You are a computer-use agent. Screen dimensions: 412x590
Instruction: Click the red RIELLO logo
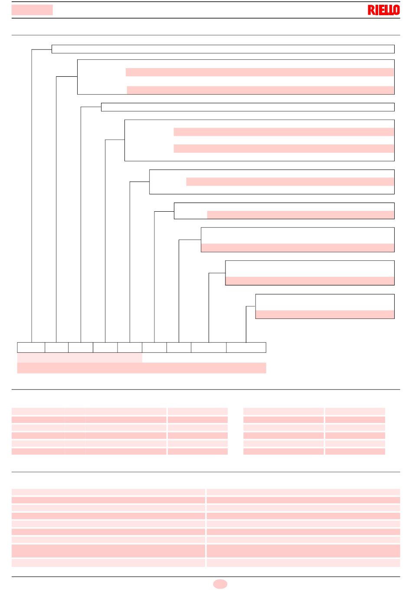coord(383,10)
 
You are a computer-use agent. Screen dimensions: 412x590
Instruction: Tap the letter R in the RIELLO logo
coord(371,10)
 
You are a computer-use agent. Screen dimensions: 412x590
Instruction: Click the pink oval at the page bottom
coord(220,584)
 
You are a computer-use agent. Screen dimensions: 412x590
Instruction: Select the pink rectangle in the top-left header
coord(32,10)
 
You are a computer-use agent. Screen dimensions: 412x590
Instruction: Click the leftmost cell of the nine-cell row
coord(31,347)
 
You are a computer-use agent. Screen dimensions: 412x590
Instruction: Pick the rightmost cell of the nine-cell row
coord(246,347)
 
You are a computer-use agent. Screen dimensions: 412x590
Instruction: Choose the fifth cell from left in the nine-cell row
coord(130,347)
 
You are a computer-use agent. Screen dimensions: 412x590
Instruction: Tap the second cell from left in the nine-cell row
coord(57,347)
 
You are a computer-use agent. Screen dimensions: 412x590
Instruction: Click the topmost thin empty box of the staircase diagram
coord(223,49)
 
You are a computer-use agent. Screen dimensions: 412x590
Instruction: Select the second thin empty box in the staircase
coord(248,107)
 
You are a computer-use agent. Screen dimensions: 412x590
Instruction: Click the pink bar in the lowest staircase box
coord(325,314)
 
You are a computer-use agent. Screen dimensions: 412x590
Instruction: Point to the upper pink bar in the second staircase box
coord(260,72)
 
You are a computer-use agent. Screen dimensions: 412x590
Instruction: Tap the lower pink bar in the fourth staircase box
coord(284,148)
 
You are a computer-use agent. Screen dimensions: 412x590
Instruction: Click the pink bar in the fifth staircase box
coord(290,182)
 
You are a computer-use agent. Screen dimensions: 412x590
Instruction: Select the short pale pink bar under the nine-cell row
coord(80,357)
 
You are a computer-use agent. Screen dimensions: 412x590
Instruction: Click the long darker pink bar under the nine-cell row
coord(142,368)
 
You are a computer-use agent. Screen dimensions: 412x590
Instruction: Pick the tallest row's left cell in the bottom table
coord(108,551)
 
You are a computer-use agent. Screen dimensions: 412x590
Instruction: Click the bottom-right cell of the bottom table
coord(303,563)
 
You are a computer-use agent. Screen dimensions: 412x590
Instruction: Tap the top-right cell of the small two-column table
coord(355,411)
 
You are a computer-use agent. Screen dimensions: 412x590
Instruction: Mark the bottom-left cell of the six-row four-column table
coord(38,452)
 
